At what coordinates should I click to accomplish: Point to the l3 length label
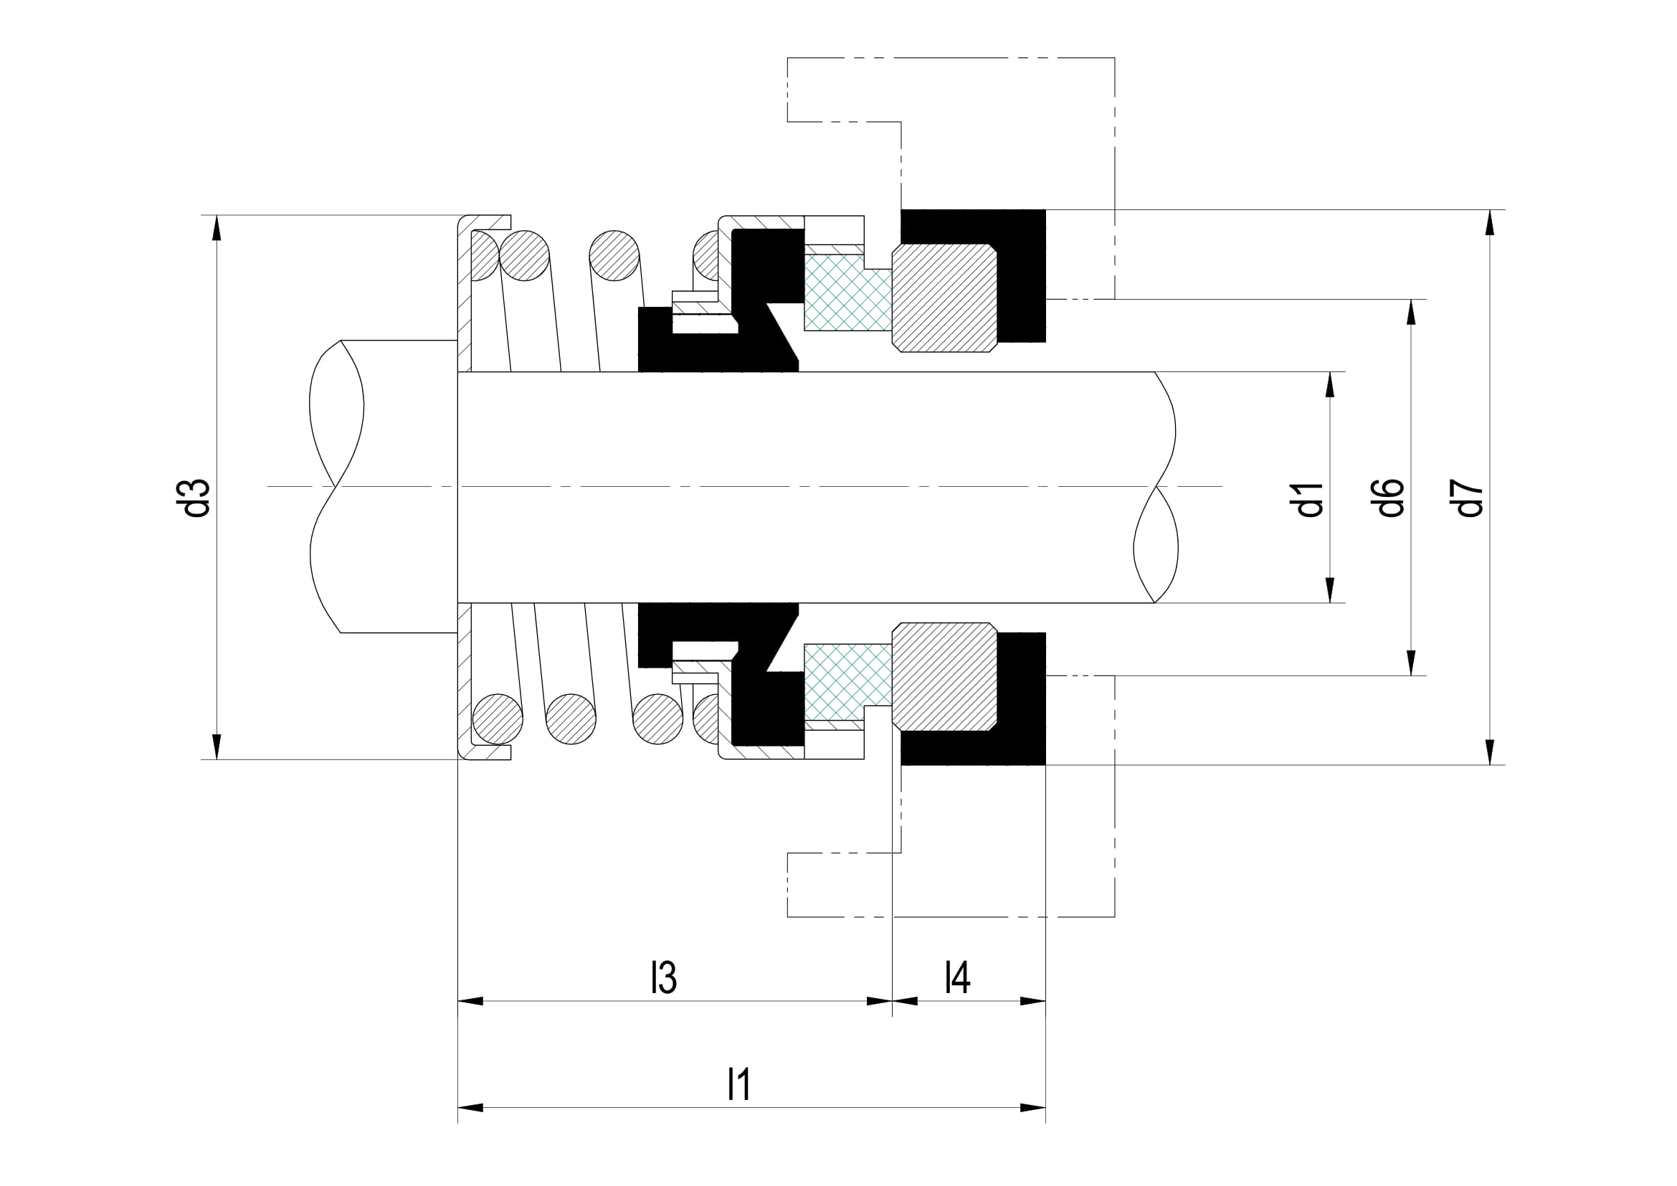664,978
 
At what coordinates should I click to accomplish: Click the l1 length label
739,1084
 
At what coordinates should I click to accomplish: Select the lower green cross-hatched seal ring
847,680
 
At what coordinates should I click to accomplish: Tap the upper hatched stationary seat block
944,298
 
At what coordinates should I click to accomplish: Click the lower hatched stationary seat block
944,676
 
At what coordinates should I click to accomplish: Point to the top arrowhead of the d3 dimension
217,228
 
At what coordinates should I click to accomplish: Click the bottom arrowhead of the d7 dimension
1490,752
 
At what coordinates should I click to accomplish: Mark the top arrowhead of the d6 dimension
1411,312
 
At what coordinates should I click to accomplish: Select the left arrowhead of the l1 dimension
471,1108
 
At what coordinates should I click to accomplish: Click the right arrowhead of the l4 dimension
1032,1001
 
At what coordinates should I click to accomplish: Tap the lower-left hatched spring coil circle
498,718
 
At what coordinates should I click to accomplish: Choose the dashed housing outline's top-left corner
787,57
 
